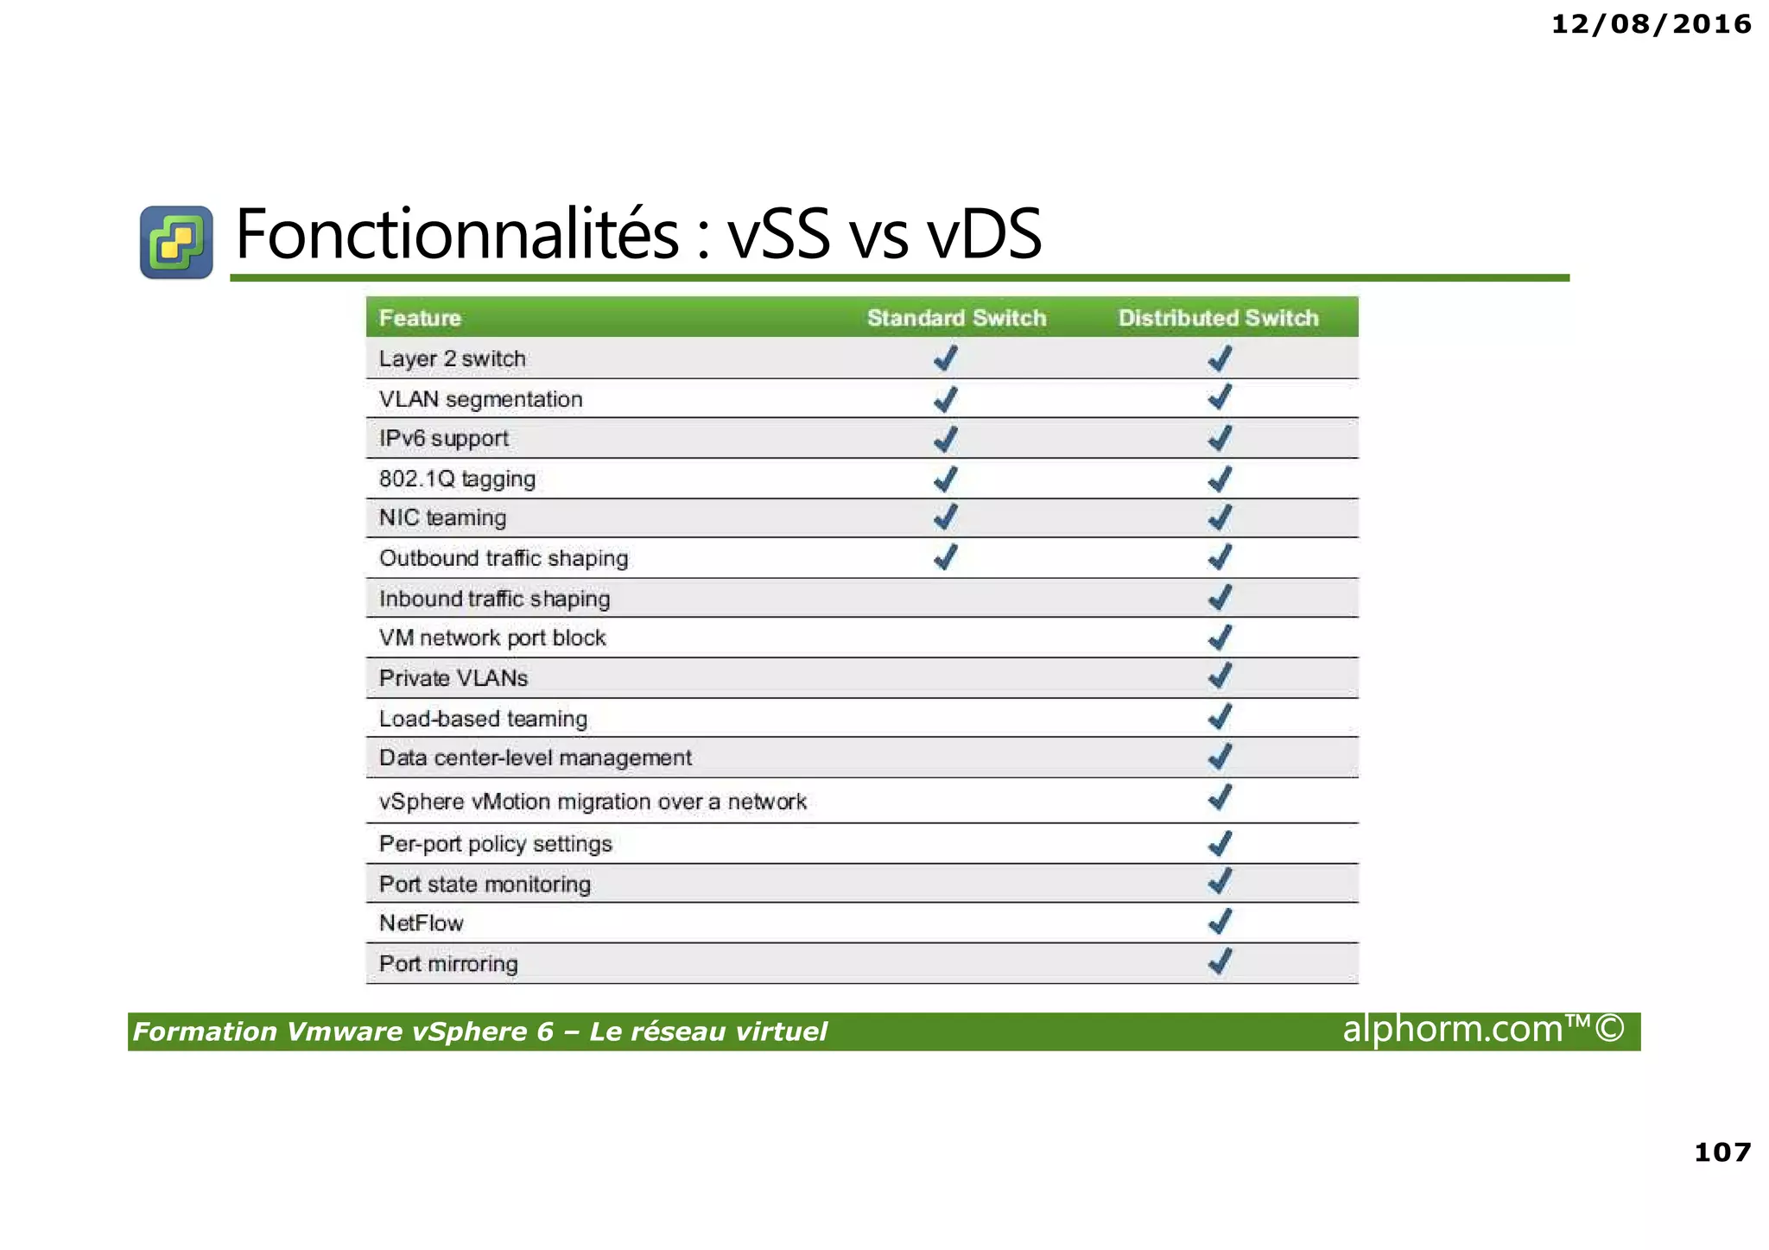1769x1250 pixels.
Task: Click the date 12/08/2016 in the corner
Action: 1651,24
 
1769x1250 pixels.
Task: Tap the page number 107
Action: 1722,1152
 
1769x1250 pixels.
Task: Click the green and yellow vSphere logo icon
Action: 176,242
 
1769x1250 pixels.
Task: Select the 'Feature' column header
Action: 420,318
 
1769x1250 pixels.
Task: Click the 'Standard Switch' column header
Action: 956,318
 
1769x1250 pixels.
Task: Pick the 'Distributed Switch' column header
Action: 1218,318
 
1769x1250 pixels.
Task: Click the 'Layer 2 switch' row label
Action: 452,359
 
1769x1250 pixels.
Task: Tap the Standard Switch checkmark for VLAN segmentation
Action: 946,399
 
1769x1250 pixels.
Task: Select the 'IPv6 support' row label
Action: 443,438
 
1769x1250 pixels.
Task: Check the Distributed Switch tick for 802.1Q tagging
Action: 1220,479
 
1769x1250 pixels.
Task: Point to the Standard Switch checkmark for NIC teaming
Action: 946,517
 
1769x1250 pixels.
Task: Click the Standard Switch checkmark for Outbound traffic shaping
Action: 946,557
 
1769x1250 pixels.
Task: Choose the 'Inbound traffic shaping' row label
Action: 494,599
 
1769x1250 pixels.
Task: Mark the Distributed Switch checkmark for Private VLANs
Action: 1220,676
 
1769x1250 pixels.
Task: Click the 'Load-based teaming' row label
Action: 483,719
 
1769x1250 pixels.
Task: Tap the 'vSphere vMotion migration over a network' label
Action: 593,802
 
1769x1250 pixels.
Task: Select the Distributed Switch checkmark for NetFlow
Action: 1220,923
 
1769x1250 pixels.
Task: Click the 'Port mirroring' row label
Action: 448,963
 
